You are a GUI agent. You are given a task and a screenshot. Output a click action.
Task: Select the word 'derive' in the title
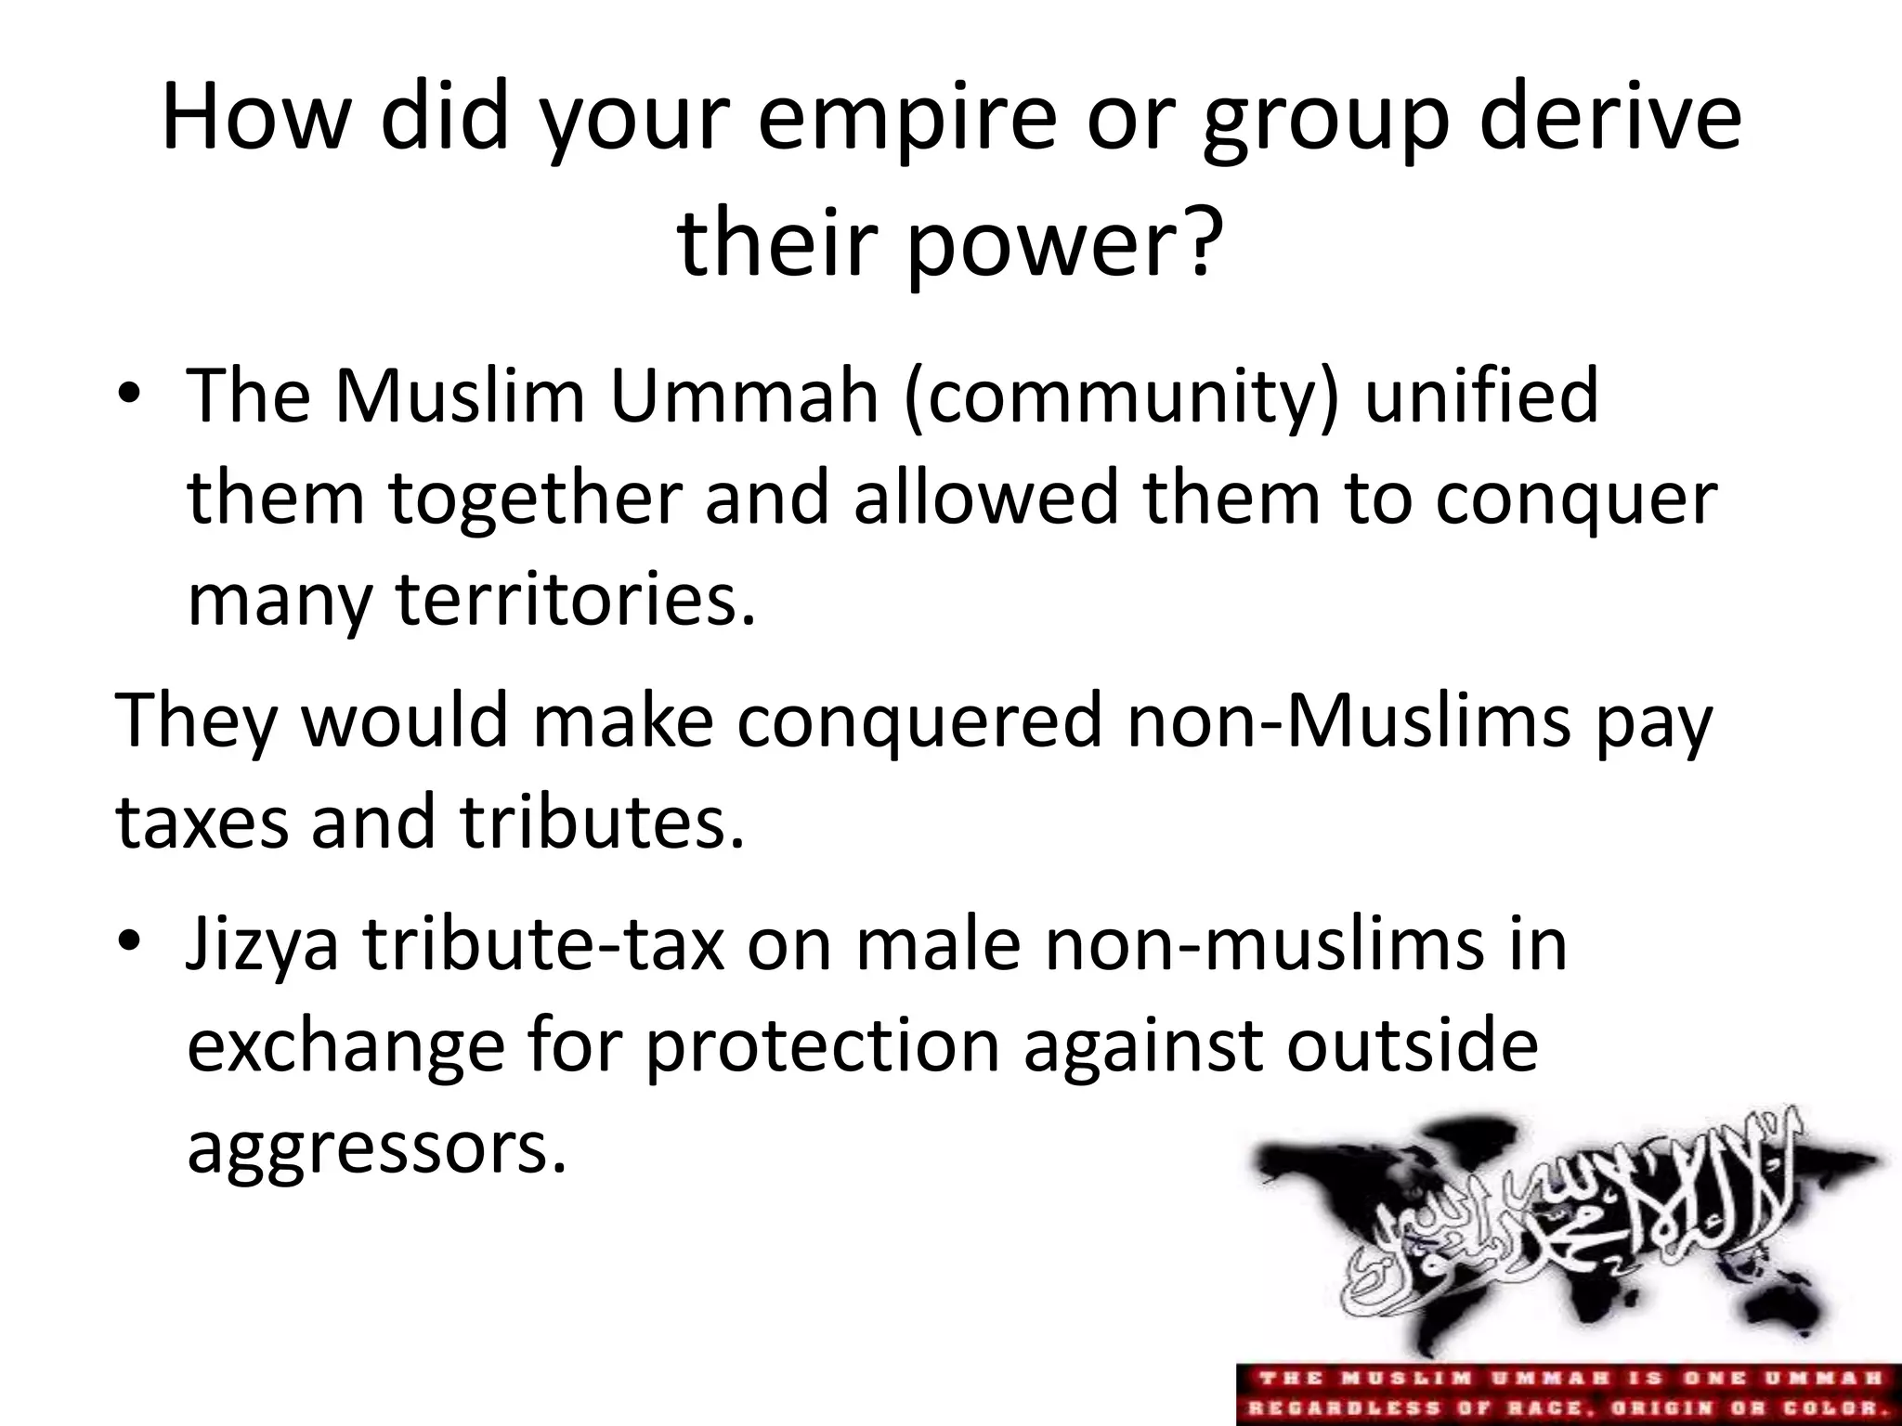(x=1610, y=119)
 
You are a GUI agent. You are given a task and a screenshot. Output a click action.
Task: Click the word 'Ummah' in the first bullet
(x=744, y=396)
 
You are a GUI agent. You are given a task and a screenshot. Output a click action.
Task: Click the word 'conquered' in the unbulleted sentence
(x=919, y=721)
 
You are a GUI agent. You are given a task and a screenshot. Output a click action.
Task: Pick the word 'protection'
(x=823, y=1046)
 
